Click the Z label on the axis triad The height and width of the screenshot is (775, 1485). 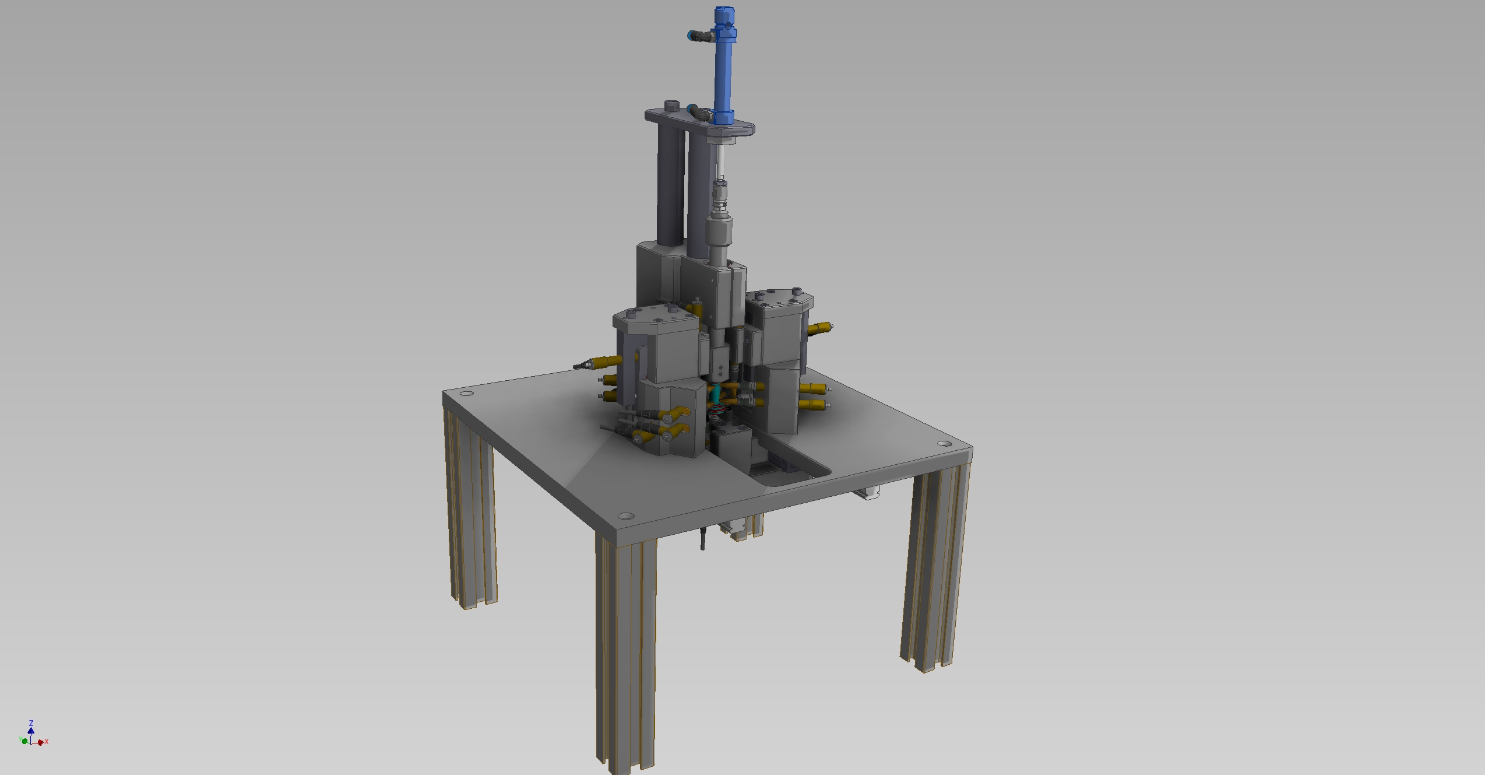click(31, 723)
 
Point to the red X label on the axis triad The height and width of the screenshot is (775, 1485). click(47, 742)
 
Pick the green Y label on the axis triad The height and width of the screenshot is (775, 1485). click(20, 739)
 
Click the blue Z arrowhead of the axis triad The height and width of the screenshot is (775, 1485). click(31, 730)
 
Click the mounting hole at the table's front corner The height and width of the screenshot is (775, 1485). click(625, 516)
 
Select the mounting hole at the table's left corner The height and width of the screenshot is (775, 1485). click(467, 393)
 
